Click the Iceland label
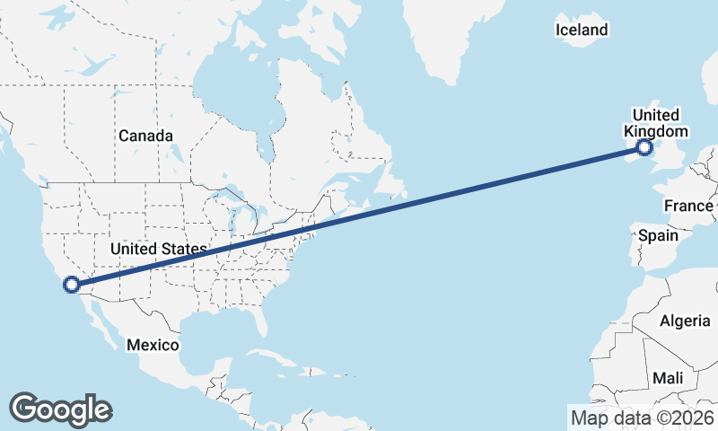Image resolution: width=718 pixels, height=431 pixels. click(x=582, y=30)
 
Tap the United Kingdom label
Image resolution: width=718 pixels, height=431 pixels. click(x=656, y=123)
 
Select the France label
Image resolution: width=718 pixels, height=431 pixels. click(x=688, y=206)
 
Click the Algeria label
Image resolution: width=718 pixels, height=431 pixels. click(x=685, y=321)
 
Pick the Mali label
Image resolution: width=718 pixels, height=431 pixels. click(x=667, y=378)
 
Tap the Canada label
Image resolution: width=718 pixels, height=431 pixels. click(x=145, y=136)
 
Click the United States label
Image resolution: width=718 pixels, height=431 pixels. click(x=158, y=248)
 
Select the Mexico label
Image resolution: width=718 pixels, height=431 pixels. click(x=153, y=345)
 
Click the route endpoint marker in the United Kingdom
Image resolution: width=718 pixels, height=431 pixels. click(x=644, y=148)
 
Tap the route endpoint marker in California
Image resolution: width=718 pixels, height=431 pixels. click(x=71, y=286)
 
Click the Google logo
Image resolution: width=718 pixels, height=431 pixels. click(x=60, y=409)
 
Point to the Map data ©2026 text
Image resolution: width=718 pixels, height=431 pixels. click(x=642, y=418)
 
